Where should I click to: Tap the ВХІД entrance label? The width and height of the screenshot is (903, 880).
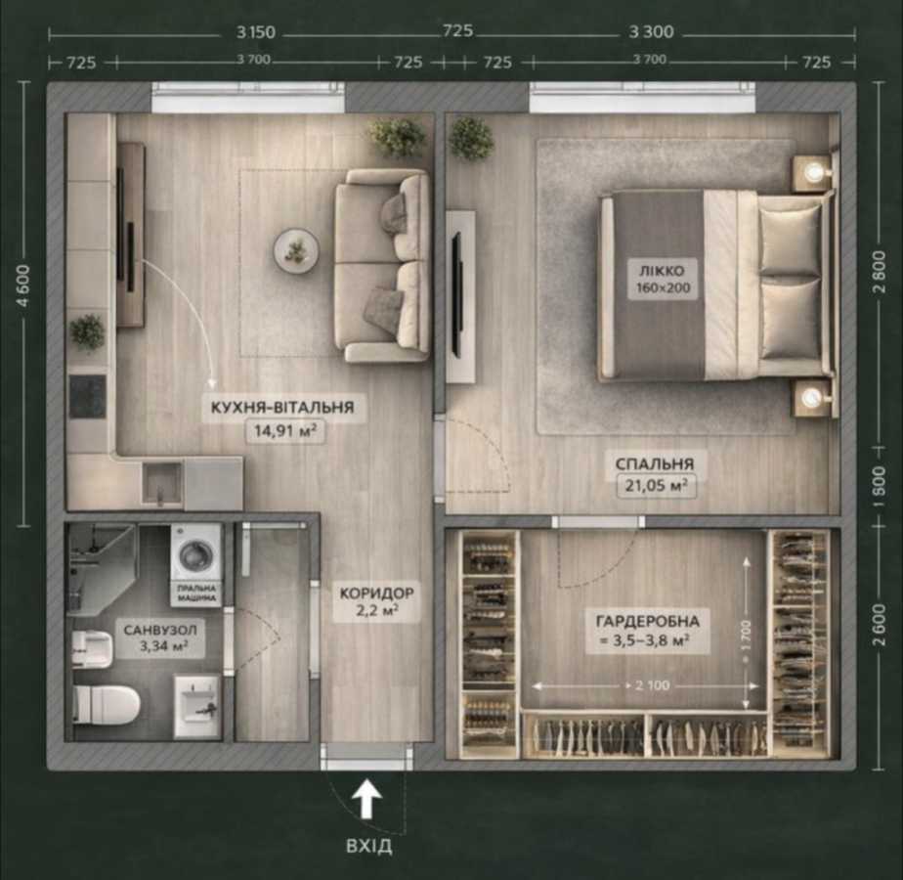(x=367, y=846)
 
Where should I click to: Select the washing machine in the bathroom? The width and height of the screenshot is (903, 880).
(x=196, y=552)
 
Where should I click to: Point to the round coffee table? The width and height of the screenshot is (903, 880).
(x=295, y=251)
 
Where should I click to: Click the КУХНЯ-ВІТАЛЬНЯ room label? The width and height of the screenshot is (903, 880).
(x=283, y=408)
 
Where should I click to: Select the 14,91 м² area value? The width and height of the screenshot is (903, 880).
(x=285, y=431)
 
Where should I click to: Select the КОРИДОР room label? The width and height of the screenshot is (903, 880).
(x=377, y=593)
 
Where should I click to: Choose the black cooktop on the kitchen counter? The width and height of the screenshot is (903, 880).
(x=87, y=396)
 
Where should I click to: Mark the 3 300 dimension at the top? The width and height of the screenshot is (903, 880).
(x=650, y=31)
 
